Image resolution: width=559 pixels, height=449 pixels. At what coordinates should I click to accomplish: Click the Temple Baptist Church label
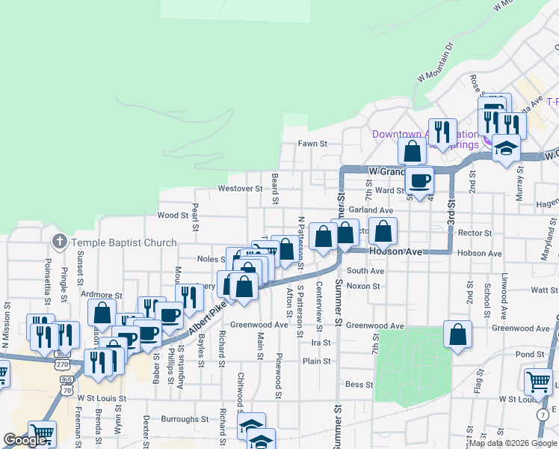(123, 242)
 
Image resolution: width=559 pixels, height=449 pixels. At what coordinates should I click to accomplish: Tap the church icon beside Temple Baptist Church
(59, 242)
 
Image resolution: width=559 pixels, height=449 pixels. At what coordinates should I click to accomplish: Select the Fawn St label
(313, 143)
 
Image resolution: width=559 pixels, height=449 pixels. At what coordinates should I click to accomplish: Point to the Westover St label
(240, 189)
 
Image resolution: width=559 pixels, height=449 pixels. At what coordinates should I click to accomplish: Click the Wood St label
(173, 215)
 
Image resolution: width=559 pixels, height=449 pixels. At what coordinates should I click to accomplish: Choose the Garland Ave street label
(371, 211)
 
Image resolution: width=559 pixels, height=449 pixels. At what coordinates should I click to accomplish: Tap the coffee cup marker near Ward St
(419, 179)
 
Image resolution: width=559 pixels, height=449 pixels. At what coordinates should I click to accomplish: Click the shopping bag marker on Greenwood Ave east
(457, 334)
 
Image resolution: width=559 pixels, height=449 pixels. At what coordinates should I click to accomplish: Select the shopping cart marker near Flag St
(538, 381)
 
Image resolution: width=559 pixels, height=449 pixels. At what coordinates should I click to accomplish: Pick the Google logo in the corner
(25, 440)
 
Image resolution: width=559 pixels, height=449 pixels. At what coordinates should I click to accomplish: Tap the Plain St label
(317, 361)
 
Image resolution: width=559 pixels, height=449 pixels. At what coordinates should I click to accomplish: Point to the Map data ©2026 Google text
(511, 442)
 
